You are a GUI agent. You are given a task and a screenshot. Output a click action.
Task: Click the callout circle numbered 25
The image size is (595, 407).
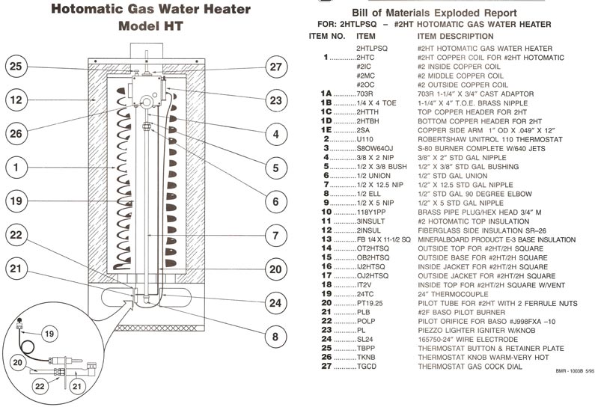(x=16, y=66)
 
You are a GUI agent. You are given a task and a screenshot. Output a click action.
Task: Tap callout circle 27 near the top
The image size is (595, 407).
(x=275, y=66)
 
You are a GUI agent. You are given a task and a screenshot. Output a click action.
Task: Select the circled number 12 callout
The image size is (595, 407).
(x=16, y=99)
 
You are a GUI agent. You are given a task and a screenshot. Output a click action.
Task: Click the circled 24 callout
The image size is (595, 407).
(x=275, y=302)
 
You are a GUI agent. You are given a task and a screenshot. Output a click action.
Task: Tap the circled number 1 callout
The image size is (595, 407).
(x=16, y=168)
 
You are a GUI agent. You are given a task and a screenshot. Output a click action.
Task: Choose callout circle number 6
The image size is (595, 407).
(x=275, y=201)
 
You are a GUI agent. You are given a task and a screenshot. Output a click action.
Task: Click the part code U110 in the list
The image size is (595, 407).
(x=365, y=138)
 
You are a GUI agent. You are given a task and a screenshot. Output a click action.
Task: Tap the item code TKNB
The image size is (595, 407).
(x=366, y=357)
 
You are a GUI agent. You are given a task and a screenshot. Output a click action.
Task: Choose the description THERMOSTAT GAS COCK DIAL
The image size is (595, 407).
(x=464, y=366)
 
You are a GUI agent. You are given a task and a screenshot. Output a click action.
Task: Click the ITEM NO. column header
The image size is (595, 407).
(x=326, y=36)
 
